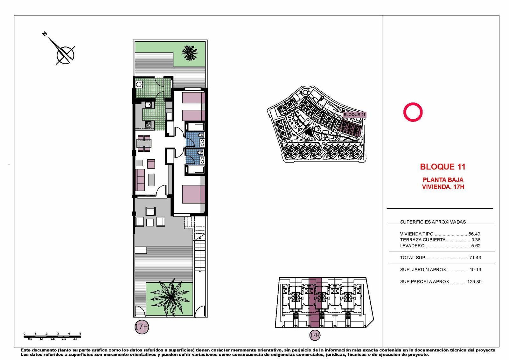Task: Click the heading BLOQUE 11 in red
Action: point(443,167)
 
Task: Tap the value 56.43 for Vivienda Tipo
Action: point(474,234)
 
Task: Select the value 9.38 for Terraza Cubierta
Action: point(476,240)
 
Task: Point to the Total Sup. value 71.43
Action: point(475,258)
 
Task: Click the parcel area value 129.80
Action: point(474,282)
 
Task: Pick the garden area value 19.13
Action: point(475,270)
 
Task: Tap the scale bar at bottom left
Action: point(52,336)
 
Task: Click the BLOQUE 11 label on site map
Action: point(354,115)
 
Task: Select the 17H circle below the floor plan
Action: point(142,327)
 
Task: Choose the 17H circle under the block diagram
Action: point(315,335)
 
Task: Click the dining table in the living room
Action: point(144,143)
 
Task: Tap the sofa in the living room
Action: point(140,180)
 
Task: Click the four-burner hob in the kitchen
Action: point(148,124)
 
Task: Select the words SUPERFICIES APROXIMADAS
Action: point(433,222)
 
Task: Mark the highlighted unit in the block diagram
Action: point(315,302)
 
